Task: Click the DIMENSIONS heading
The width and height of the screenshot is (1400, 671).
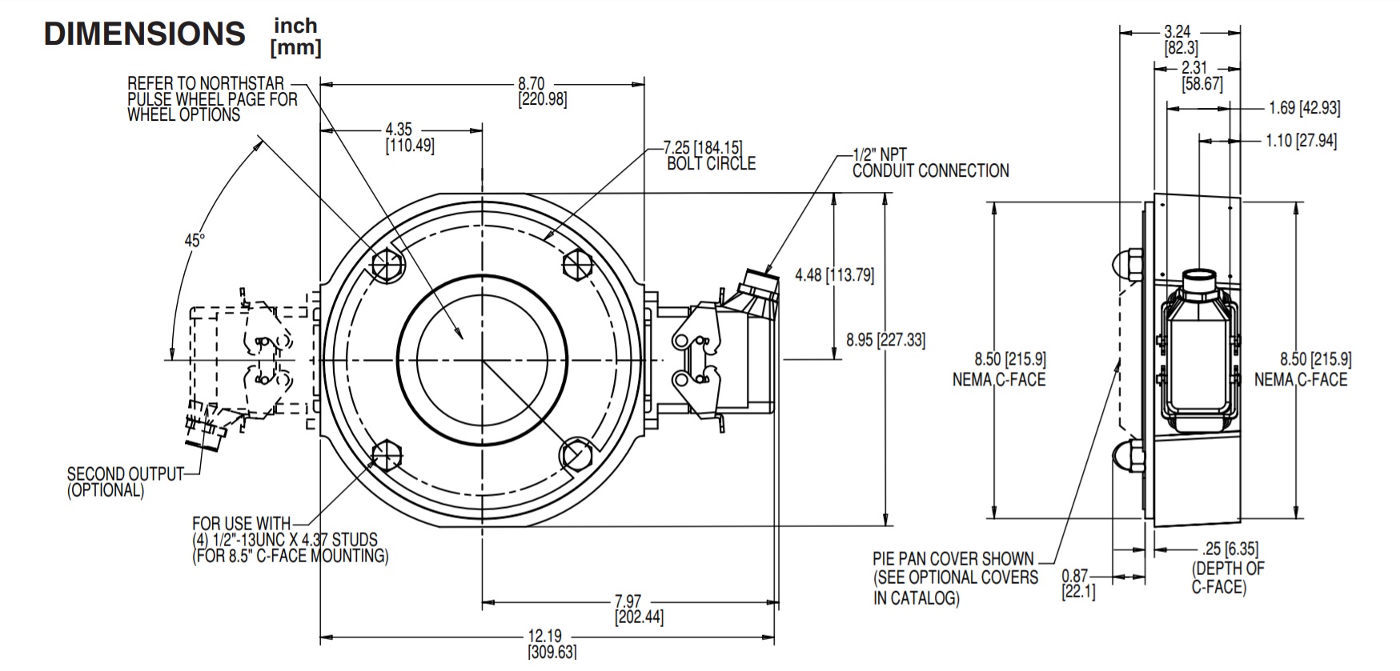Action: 144,34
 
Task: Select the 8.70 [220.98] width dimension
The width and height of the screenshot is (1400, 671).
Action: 542,91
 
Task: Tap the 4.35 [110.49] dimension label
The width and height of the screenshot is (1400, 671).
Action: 410,138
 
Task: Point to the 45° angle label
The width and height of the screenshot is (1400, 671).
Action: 195,240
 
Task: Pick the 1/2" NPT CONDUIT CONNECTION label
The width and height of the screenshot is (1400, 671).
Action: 929,163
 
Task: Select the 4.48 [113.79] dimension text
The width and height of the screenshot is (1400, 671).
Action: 834,275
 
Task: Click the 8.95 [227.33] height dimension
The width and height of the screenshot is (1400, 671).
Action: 885,340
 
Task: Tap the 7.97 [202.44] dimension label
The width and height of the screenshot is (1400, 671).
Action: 639,609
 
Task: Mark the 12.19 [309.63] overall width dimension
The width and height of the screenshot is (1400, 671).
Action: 551,644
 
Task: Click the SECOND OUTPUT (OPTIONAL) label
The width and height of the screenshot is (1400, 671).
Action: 125,482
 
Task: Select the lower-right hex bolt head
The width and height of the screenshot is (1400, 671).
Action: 576,453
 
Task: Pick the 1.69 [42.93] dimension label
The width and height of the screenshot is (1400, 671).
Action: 1304,108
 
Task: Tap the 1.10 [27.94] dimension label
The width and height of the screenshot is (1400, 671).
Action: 1300,141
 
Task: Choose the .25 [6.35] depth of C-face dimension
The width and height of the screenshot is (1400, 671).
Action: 1230,549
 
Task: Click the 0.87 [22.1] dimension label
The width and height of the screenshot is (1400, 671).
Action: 1077,584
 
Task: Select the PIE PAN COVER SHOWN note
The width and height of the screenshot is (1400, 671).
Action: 955,577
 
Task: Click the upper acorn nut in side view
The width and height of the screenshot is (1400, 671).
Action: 1127,263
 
